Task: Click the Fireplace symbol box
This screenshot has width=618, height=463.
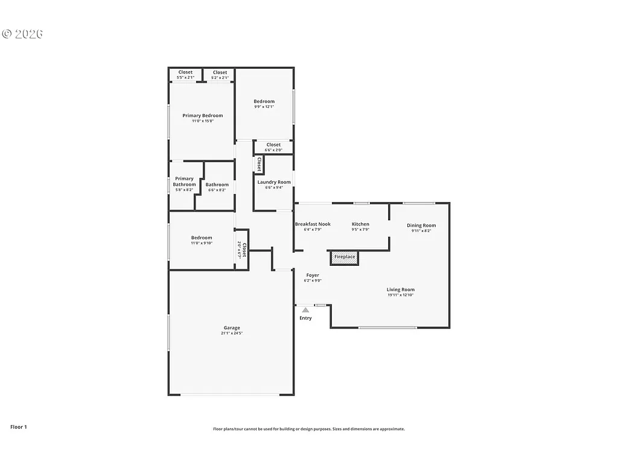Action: pos(345,257)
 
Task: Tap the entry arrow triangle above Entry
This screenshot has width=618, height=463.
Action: pos(305,310)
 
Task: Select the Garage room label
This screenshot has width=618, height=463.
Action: pos(232,328)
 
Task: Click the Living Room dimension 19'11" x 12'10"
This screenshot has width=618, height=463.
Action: pos(401,295)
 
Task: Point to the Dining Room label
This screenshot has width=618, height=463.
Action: pos(421,225)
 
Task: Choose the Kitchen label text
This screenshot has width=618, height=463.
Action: pos(360,224)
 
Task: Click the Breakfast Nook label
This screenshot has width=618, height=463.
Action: pos(313,224)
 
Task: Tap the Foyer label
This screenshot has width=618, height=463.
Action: pos(313,275)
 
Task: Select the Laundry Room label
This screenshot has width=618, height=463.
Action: pos(274,182)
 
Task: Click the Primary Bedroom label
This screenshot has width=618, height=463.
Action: pos(203,116)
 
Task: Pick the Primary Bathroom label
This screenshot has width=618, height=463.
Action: pos(184,181)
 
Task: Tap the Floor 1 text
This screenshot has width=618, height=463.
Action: pos(19,427)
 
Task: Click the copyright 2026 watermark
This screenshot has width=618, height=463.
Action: pos(22,34)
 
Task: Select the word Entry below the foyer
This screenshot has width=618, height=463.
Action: pos(306,318)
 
